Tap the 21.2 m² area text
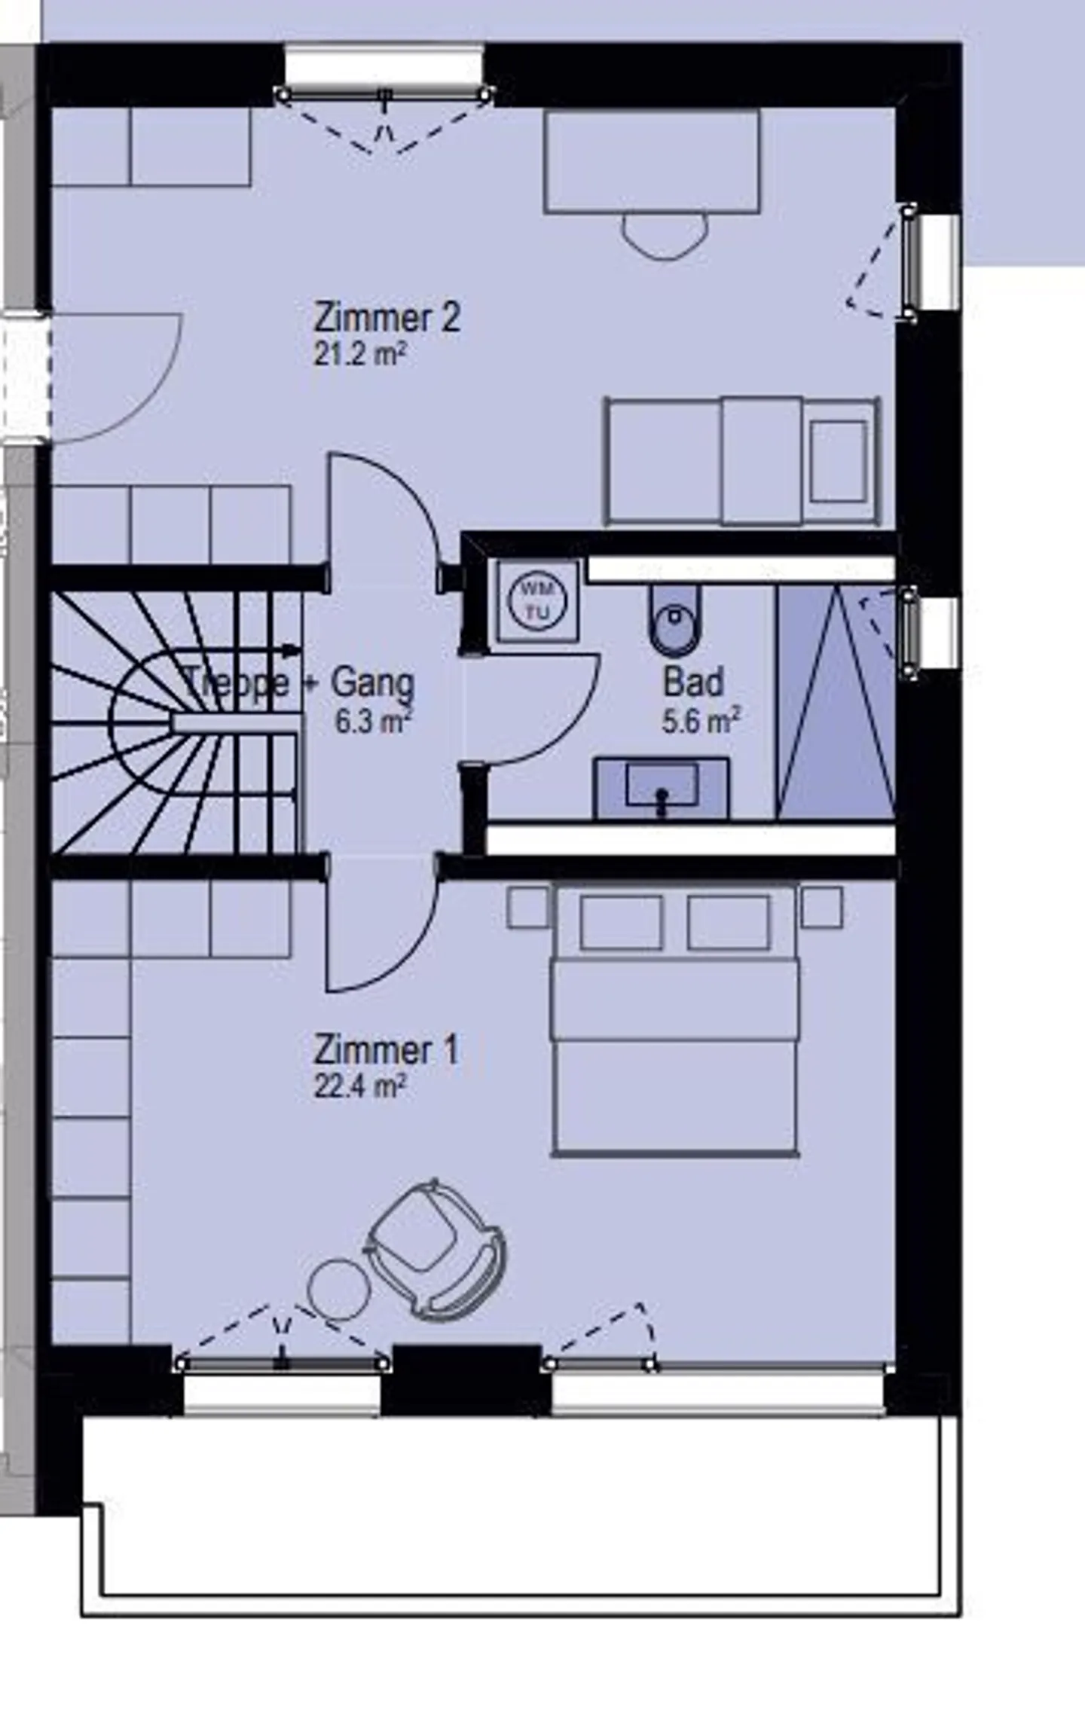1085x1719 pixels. point(360,353)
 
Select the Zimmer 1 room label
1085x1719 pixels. point(385,1049)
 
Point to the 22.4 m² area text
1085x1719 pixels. point(360,1086)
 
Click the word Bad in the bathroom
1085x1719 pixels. point(693,682)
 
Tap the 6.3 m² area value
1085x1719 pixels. point(373,722)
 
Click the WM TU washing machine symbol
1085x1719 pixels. point(536,600)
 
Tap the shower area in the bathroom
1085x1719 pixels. point(836,704)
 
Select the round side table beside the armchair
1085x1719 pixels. point(339,1289)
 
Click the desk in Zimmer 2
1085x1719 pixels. point(652,161)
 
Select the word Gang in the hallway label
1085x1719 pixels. point(373,683)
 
